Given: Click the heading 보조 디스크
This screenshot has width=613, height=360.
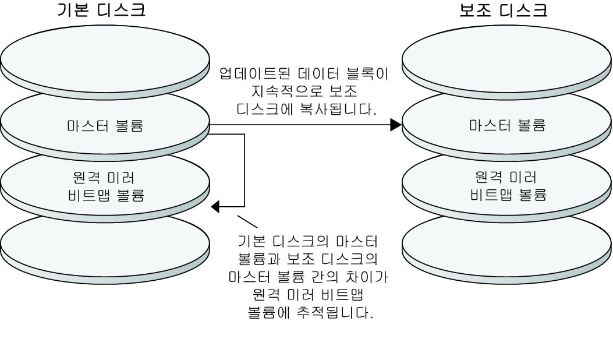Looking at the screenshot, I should coord(504,10).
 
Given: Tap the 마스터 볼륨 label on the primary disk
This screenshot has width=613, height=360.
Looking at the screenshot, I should coord(105,126).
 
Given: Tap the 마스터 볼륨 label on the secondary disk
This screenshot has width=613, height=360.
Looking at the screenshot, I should coord(508,126).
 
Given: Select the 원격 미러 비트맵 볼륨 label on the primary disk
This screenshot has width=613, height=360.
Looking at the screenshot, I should coord(105,186).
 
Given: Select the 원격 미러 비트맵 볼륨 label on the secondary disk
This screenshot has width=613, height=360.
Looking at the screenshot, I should coord(508,186).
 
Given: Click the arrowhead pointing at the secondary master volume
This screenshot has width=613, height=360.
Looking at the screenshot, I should coord(396,124).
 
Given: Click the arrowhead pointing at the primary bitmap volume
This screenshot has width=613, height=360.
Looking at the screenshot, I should coord(216,206).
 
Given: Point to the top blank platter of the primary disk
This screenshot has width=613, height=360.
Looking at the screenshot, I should coord(105,58).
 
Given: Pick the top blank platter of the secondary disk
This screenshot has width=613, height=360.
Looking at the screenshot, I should coord(508,58).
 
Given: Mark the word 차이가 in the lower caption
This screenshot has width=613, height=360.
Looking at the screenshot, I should coord(366,277).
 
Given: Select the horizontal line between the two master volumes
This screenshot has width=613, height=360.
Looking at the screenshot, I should coord(303,124).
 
